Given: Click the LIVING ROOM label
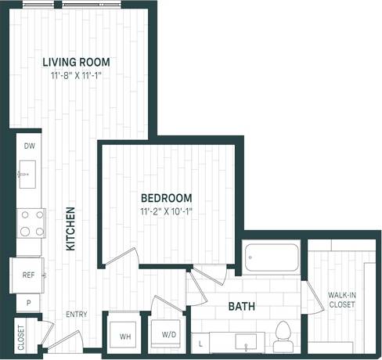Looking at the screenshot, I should tap(76, 62).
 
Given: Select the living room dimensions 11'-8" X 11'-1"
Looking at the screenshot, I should tap(76, 75).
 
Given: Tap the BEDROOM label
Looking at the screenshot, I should tap(166, 198).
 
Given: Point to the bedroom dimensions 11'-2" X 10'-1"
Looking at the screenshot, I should tap(166, 211).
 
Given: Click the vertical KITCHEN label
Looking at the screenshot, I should tap(70, 229).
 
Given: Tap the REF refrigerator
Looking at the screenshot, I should tap(27, 275).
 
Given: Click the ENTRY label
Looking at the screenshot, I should tap(76, 315).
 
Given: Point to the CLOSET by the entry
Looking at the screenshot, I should tap(21, 337).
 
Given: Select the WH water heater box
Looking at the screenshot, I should tap(124, 337).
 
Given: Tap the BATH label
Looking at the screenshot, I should tap(241, 307).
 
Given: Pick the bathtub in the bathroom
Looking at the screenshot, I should tap(270, 258).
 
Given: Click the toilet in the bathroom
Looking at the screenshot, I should tap(283, 332).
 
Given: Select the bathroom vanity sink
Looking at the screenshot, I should tap(250, 343).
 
